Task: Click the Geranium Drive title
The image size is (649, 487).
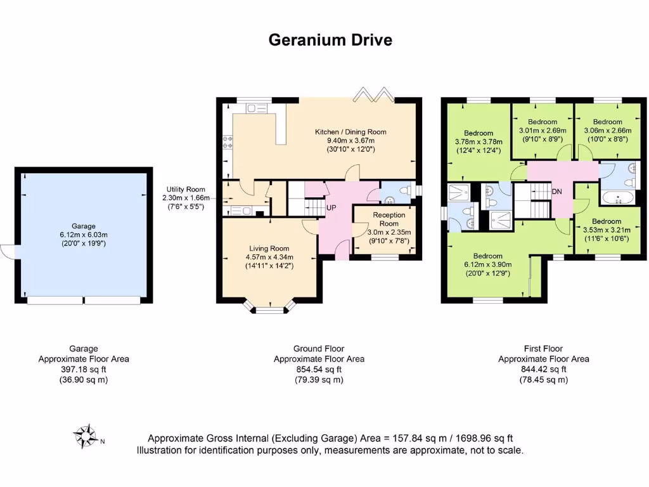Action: click(x=330, y=40)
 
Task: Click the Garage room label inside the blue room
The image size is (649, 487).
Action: click(x=84, y=226)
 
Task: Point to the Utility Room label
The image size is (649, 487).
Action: click(x=186, y=190)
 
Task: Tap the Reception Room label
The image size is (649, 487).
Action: click(x=389, y=219)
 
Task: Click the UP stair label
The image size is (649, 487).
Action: click(x=331, y=208)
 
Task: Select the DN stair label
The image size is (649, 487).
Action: click(x=556, y=192)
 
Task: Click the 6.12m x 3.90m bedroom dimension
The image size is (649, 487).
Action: click(x=487, y=265)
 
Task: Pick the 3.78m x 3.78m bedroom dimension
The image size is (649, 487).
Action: click(x=479, y=142)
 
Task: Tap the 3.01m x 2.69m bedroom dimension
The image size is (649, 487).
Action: click(x=543, y=130)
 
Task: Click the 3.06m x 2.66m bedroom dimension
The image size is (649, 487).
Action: click(x=607, y=130)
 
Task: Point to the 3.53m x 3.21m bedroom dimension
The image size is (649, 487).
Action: click(x=607, y=230)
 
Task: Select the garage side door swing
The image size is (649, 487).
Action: click(x=8, y=252)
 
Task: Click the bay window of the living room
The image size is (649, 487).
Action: click(x=271, y=308)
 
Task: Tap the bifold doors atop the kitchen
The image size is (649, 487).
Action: click(x=373, y=96)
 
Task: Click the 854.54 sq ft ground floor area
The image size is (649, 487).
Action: click(x=319, y=370)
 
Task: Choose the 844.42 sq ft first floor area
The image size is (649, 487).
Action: click(x=543, y=370)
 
